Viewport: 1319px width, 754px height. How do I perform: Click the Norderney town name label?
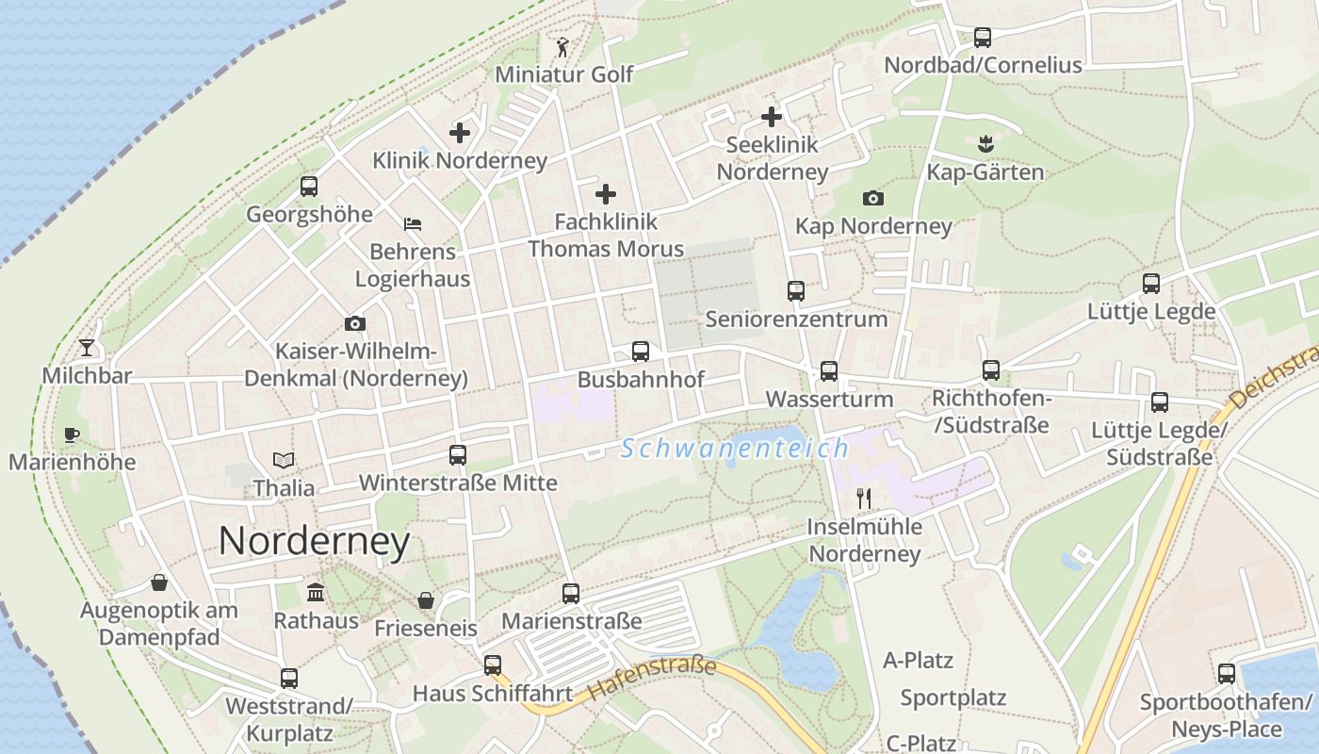(x=314, y=541)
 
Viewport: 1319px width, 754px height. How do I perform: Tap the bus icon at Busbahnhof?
(x=641, y=352)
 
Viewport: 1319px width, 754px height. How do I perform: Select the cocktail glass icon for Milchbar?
(x=87, y=348)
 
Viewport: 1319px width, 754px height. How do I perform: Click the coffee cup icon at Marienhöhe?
(x=72, y=434)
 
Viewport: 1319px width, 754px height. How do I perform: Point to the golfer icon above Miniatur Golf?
(x=563, y=46)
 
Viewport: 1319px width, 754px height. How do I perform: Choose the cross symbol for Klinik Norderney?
(x=460, y=133)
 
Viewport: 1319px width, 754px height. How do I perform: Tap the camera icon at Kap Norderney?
(x=873, y=198)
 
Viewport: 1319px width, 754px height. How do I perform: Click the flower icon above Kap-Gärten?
(x=985, y=144)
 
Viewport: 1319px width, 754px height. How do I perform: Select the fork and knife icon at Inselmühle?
(x=864, y=499)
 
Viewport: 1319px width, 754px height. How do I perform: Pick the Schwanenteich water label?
(x=735, y=449)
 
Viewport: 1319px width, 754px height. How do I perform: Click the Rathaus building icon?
(x=316, y=593)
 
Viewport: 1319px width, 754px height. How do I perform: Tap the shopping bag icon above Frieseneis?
(x=426, y=600)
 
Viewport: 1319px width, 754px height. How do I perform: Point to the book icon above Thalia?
(x=284, y=461)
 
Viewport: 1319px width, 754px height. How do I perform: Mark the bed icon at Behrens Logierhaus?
(x=413, y=224)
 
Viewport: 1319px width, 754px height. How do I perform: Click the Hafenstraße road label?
(x=652, y=678)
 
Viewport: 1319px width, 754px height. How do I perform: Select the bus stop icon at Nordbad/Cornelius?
(x=983, y=38)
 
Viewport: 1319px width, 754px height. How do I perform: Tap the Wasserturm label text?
(x=829, y=399)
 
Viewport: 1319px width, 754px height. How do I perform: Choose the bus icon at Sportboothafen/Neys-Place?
(x=1226, y=674)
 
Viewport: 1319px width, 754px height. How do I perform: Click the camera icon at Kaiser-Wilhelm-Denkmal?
(x=355, y=323)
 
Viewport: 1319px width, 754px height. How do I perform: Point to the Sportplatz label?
(x=953, y=698)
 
